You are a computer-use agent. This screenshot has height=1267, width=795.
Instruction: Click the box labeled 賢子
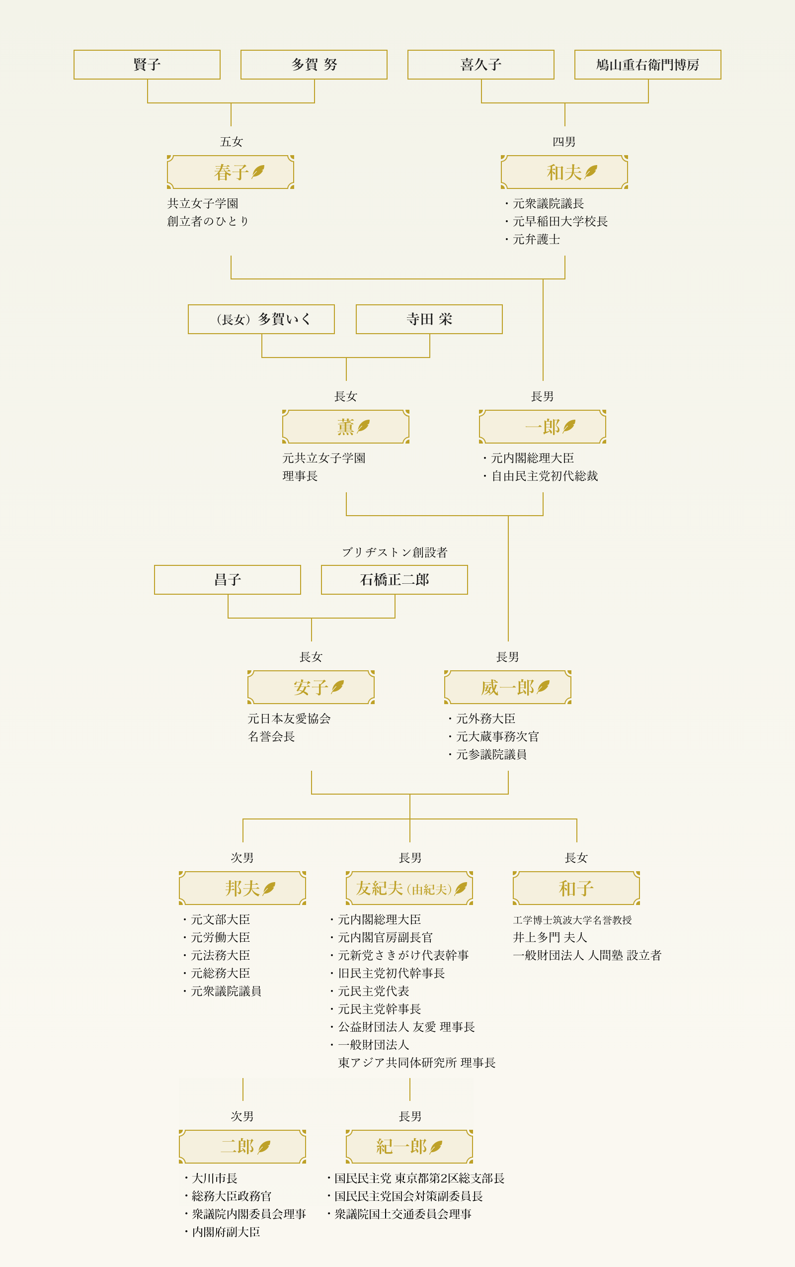147,65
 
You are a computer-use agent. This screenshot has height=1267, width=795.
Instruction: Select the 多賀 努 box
314,65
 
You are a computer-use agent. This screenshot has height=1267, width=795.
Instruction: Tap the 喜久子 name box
480,65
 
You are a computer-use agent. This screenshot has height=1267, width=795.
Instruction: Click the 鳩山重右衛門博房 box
647,65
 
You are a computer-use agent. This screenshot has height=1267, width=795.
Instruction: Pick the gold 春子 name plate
230,172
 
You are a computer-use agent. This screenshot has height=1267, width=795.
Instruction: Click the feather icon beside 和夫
591,172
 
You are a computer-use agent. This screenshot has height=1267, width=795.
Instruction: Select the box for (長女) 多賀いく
261,319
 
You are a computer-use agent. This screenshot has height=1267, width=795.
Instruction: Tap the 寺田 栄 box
429,319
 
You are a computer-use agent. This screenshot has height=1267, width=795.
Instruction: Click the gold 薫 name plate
345,427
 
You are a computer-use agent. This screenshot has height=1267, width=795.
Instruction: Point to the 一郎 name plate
542,427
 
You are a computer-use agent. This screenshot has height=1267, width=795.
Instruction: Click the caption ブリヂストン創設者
395,552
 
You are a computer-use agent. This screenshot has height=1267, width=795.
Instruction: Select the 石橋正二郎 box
395,580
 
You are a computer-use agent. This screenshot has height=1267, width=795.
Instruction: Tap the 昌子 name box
227,580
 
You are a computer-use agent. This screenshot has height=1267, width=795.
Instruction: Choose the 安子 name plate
311,687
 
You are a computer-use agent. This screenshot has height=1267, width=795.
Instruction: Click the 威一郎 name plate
507,687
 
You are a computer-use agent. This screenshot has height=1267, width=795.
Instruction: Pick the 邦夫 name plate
242,888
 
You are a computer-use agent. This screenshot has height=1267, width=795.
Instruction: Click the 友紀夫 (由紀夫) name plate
409,888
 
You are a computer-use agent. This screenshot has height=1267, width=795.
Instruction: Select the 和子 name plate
576,888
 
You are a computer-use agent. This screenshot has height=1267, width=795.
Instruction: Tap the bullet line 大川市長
215,1178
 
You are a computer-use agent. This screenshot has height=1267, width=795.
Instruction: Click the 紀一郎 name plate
409,1147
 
